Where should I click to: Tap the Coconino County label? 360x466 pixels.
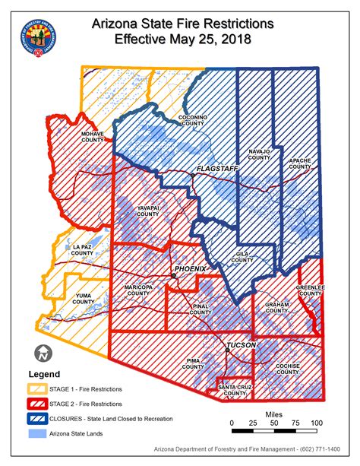point(194,121)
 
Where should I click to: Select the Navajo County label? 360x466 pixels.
point(259,154)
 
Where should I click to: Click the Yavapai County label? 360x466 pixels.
point(147,211)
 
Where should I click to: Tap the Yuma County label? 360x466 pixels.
point(84,299)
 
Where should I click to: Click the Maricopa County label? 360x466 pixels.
point(140,290)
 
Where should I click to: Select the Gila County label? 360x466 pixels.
point(242,257)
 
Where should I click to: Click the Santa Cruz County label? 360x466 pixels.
point(234,391)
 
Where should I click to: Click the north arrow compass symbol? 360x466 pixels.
point(43,353)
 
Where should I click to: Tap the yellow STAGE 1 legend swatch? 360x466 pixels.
point(36,390)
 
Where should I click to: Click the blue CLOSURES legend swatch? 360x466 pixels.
point(36,419)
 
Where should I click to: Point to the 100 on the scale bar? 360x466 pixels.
point(316,423)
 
